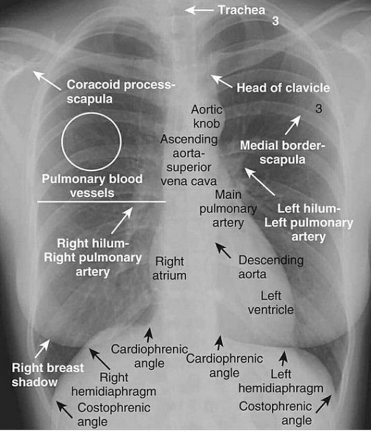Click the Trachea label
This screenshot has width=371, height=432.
pos(241,10)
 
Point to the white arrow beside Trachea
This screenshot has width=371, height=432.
pos(199,10)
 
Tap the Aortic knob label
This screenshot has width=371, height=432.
pos(206,116)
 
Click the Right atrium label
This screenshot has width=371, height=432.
pos(170,268)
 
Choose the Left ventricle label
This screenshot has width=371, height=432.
pos(271,302)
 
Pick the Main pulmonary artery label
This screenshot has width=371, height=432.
pos(228,208)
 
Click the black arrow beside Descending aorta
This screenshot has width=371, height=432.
pos(223,250)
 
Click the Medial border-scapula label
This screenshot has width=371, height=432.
pos(282,152)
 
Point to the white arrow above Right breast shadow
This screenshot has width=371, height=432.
pos(42,348)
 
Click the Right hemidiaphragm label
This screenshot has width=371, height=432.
pos(114,384)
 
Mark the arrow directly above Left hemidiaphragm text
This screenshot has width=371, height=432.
pos(283,358)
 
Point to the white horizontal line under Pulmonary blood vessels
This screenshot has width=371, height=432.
pos(102,202)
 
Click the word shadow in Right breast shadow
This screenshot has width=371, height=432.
pos(34,382)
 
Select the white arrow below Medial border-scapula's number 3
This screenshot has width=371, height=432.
pos(292,125)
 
